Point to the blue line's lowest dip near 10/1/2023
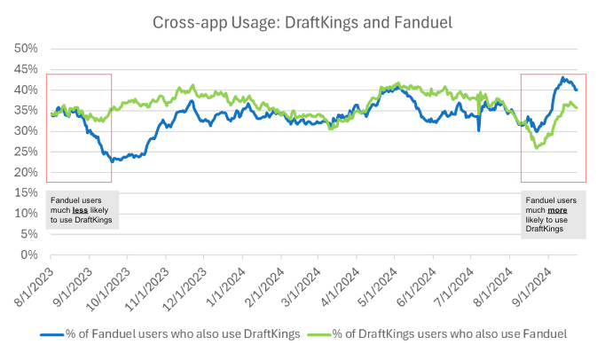(112, 161)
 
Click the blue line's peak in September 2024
(562, 77)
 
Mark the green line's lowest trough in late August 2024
(537, 147)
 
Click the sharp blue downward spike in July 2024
(478, 130)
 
